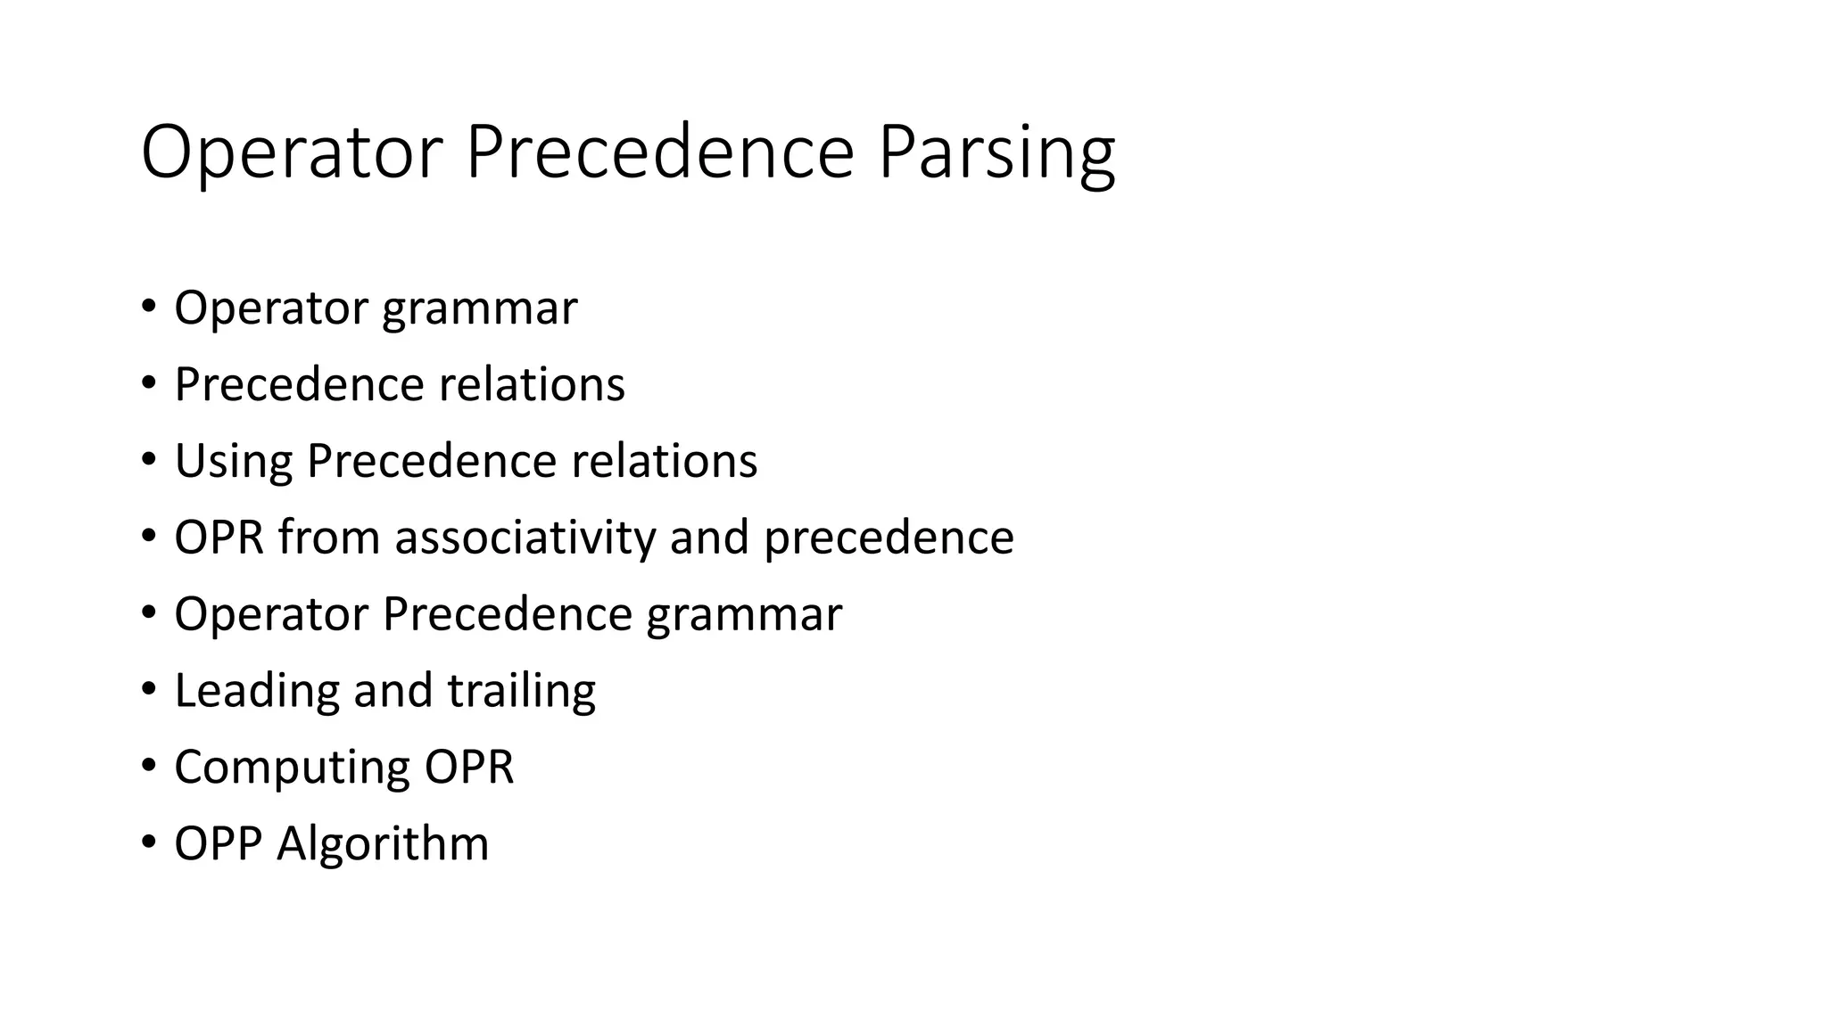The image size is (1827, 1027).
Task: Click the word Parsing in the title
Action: (996, 153)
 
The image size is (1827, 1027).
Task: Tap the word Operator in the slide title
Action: (292, 153)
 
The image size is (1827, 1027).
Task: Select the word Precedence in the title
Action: (660, 153)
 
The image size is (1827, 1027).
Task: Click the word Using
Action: (233, 462)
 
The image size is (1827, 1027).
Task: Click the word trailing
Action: (521, 691)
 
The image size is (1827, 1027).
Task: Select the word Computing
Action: (291, 768)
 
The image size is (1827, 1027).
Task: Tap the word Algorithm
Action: (383, 843)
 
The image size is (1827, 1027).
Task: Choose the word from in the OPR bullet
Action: (328, 538)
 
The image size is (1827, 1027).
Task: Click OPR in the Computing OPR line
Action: (469, 768)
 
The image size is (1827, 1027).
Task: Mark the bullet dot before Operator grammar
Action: (148, 308)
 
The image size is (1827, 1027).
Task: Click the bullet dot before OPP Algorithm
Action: (148, 843)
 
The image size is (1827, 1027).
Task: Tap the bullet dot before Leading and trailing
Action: (148, 690)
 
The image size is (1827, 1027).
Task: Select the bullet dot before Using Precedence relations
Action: (148, 461)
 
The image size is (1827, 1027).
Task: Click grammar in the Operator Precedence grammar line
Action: (744, 615)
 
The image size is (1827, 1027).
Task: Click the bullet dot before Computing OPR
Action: (148, 767)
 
